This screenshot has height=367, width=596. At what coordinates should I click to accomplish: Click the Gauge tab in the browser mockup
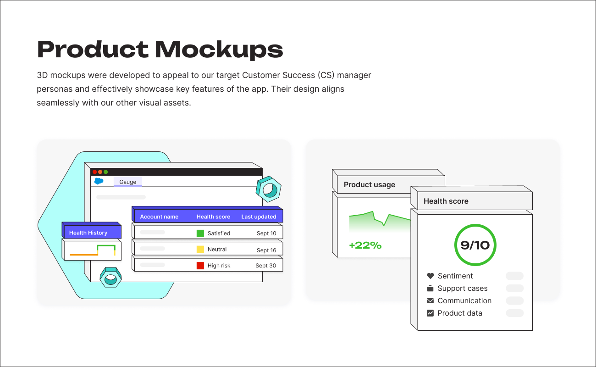127,182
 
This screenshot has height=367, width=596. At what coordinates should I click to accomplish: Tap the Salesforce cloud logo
99,181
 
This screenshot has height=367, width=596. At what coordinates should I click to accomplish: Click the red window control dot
95,172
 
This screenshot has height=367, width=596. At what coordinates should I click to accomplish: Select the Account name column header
159,217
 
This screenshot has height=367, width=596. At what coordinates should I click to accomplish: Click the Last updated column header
259,217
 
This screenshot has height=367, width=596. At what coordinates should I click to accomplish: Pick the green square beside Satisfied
200,234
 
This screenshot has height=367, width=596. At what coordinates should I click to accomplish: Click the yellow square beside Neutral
200,250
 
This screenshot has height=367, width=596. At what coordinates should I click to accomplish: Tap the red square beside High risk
200,266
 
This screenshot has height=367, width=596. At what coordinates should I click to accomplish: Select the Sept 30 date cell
265,266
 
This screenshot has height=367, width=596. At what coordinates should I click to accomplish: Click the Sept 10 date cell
266,234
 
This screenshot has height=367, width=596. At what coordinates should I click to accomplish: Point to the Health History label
88,233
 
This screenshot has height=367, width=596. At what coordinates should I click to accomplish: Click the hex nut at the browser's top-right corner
268,189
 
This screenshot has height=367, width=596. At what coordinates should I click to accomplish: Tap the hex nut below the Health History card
110,277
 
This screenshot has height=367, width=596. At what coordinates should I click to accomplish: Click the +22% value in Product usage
365,245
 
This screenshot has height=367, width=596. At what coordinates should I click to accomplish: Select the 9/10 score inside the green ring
475,245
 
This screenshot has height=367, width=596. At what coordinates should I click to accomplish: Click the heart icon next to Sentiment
430,276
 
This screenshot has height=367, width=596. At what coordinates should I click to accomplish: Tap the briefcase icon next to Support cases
430,289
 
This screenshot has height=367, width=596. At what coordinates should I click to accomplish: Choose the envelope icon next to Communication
430,301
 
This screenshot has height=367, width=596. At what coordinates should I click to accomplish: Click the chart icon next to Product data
430,313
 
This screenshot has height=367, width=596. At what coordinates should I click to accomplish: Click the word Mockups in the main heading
219,50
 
